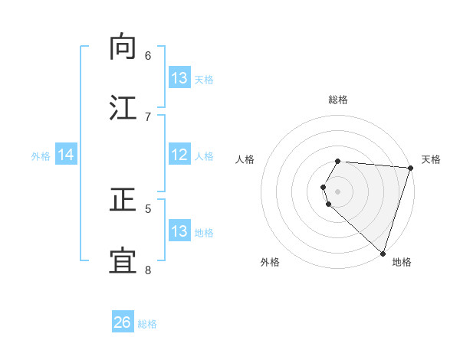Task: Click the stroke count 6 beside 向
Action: coord(148,55)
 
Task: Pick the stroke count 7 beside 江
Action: coord(148,116)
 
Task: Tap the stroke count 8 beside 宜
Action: coord(148,270)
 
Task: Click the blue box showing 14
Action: coord(66,155)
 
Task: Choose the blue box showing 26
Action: coord(123,322)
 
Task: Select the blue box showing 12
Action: coord(179,155)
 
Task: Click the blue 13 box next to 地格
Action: coord(179,231)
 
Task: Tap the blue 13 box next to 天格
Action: coord(179,78)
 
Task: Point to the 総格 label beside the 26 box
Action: coord(147,324)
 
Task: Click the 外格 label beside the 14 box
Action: coord(41,155)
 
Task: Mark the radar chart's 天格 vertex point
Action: coord(410,168)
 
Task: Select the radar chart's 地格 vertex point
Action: coord(383,253)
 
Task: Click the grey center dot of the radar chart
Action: coord(338,191)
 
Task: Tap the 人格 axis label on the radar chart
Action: coord(245,159)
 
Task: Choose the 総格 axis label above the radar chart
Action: coord(338,100)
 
